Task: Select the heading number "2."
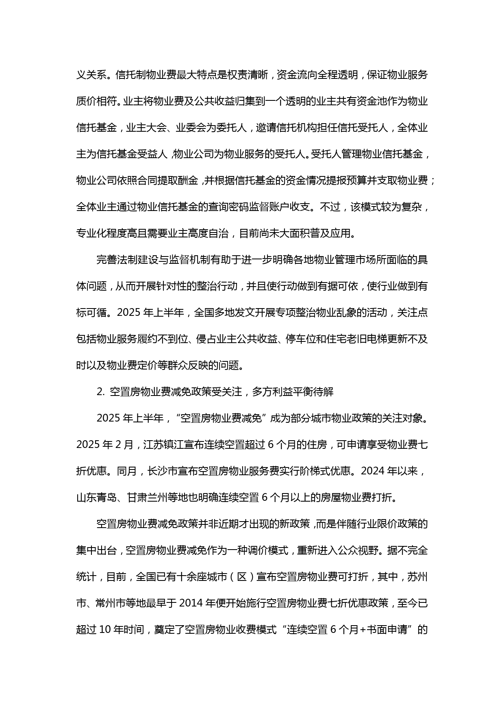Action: coord(101,392)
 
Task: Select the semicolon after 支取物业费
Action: coord(432,180)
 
